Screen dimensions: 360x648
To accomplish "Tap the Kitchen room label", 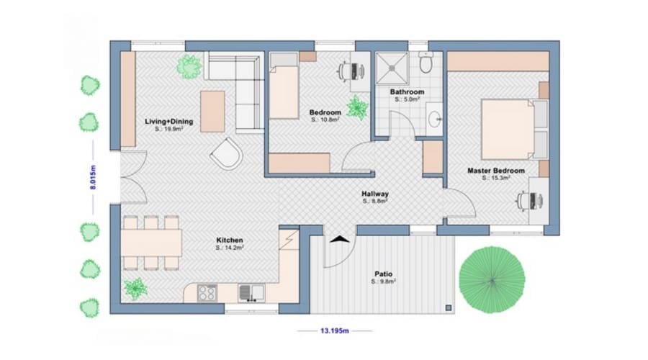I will tap(230, 240).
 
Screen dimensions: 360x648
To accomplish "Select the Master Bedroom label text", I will tap(496, 171).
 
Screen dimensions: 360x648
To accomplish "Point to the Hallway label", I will tap(375, 194).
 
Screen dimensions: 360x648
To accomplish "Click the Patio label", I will tap(383, 274).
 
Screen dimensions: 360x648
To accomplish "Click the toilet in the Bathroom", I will tap(426, 64).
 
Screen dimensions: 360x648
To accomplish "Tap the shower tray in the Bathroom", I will tap(392, 69).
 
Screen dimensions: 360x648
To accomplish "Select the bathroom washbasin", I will tap(434, 118).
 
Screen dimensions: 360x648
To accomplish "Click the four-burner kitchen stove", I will tap(207, 292).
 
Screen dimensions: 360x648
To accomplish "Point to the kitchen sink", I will tap(252, 292).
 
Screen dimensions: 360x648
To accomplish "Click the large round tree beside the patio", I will tap(492, 280).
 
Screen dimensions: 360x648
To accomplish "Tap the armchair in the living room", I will tap(228, 152).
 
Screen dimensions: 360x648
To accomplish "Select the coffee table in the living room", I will tap(213, 110).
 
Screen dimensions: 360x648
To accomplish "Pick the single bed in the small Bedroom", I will tap(284, 91).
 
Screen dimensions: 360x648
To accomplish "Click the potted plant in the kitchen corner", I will tap(135, 289).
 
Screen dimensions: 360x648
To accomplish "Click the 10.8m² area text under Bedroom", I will tap(325, 121).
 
